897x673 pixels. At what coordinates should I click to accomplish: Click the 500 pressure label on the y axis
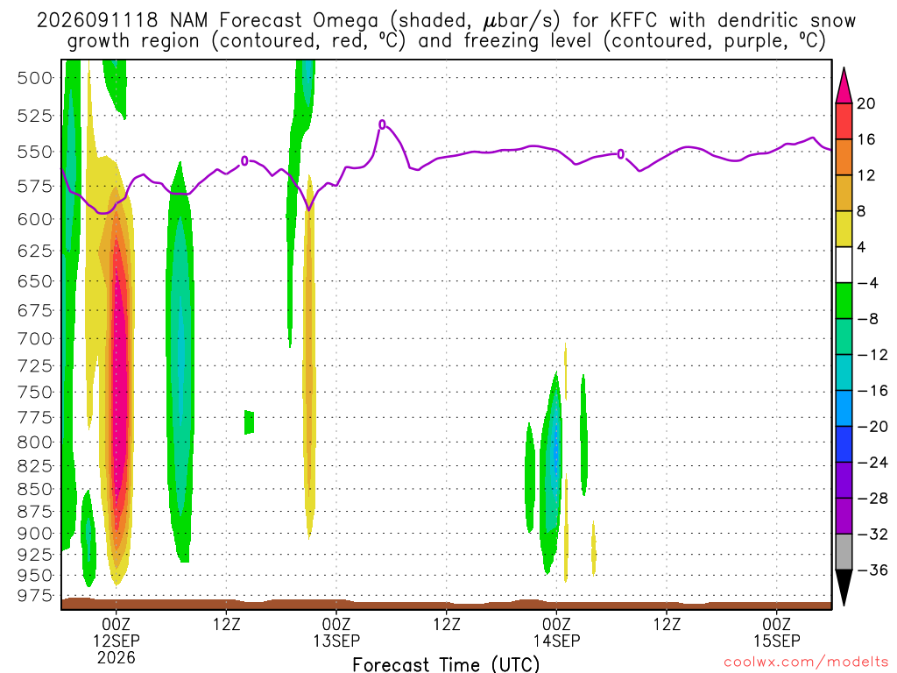[x=35, y=78]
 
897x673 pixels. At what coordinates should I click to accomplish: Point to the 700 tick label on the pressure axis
[x=35, y=339]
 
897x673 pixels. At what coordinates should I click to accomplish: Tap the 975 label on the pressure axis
[x=35, y=596]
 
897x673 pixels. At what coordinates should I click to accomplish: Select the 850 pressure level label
[x=35, y=489]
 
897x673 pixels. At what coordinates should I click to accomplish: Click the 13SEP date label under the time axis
[x=336, y=641]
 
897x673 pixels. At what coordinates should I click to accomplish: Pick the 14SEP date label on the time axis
[x=556, y=641]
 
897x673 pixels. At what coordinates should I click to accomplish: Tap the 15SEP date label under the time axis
[x=777, y=641]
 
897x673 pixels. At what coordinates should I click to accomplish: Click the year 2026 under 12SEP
[x=117, y=657]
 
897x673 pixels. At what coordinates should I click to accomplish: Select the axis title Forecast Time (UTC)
[x=446, y=664]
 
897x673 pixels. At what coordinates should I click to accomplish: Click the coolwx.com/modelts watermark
[x=806, y=662]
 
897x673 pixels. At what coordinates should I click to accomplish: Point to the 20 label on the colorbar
[x=865, y=103]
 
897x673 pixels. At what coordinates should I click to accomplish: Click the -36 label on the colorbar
[x=872, y=570]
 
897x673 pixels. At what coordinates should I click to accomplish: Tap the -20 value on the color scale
[x=872, y=427]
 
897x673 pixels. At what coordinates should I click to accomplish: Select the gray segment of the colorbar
[x=844, y=552]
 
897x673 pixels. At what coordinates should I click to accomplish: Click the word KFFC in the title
[x=633, y=21]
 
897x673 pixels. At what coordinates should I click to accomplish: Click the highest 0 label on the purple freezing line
[x=382, y=124]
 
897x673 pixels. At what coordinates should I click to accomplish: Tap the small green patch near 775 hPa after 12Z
[x=249, y=422]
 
